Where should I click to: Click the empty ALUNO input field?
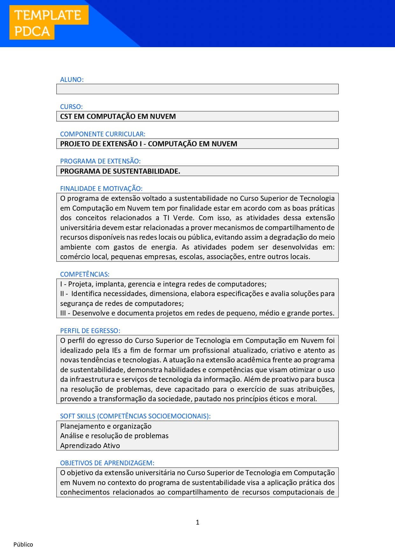pyautogui.click(x=197, y=89)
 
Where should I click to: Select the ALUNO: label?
pyautogui.click(x=72, y=80)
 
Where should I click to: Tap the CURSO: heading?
pyautogui.click(x=71, y=107)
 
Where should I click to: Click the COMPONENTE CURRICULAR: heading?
pyautogui.click(x=102, y=134)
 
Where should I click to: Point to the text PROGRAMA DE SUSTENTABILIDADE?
pyautogui.click(x=120, y=171)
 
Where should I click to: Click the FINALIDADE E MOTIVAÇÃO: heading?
pyautogui.click(x=101, y=189)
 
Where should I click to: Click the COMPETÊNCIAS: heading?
pyautogui.click(x=85, y=274)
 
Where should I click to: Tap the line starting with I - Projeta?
pyautogui.click(x=163, y=284)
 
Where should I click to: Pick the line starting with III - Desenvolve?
pyautogui.click(x=197, y=313)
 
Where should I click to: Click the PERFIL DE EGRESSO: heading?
pyautogui.click(x=90, y=331)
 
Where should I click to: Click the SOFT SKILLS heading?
pyautogui.click(x=135, y=416)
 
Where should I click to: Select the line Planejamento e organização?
pyautogui.click(x=106, y=426)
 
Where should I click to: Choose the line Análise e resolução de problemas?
pyautogui.click(x=114, y=436)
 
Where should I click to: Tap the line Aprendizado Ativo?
pyautogui.click(x=90, y=446)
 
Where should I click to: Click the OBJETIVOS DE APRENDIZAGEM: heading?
pyautogui.click(x=107, y=463)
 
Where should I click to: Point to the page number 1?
pyautogui.click(x=197, y=522)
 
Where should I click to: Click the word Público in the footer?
pyautogui.click(x=23, y=544)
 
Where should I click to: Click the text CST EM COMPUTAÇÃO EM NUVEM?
pyautogui.click(x=118, y=116)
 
